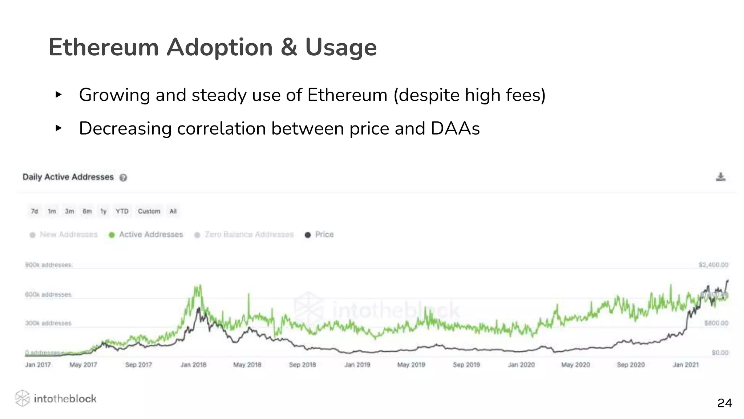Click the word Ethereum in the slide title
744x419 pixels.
pyautogui.click(x=104, y=47)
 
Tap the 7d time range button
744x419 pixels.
pyautogui.click(x=35, y=211)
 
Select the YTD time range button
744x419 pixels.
pyautogui.click(x=122, y=211)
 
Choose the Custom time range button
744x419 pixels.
pyautogui.click(x=149, y=211)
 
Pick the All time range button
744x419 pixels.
pyautogui.click(x=173, y=211)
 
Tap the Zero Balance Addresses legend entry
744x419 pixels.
pyautogui.click(x=244, y=235)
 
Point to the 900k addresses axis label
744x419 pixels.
pyautogui.click(x=48, y=265)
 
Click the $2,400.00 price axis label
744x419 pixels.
pyautogui.click(x=713, y=265)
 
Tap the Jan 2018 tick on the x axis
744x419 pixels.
pyautogui.click(x=193, y=364)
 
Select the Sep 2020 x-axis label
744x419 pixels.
pyautogui.click(x=631, y=364)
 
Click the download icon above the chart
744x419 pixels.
pyautogui.click(x=720, y=177)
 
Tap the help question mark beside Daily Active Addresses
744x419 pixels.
pyautogui.click(x=124, y=177)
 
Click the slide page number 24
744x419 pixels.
pyautogui.click(x=724, y=403)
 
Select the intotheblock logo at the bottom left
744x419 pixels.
pyautogui.click(x=56, y=398)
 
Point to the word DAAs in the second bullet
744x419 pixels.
pyautogui.click(x=455, y=128)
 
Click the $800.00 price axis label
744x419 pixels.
pyautogui.click(x=716, y=323)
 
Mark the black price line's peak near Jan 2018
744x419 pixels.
pyautogui.click(x=198, y=308)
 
